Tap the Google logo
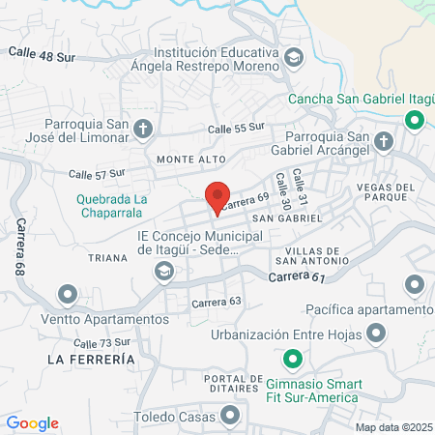pos(33,422)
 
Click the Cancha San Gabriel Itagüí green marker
pos(415,120)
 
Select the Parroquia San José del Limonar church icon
pos(143,128)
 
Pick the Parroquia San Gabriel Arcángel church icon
pos(383,142)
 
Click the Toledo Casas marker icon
pos(230,417)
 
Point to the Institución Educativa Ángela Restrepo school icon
pos(295,60)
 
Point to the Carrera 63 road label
pos(216,301)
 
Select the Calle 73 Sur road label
pos(101,343)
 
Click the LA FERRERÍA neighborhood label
pos(90,359)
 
